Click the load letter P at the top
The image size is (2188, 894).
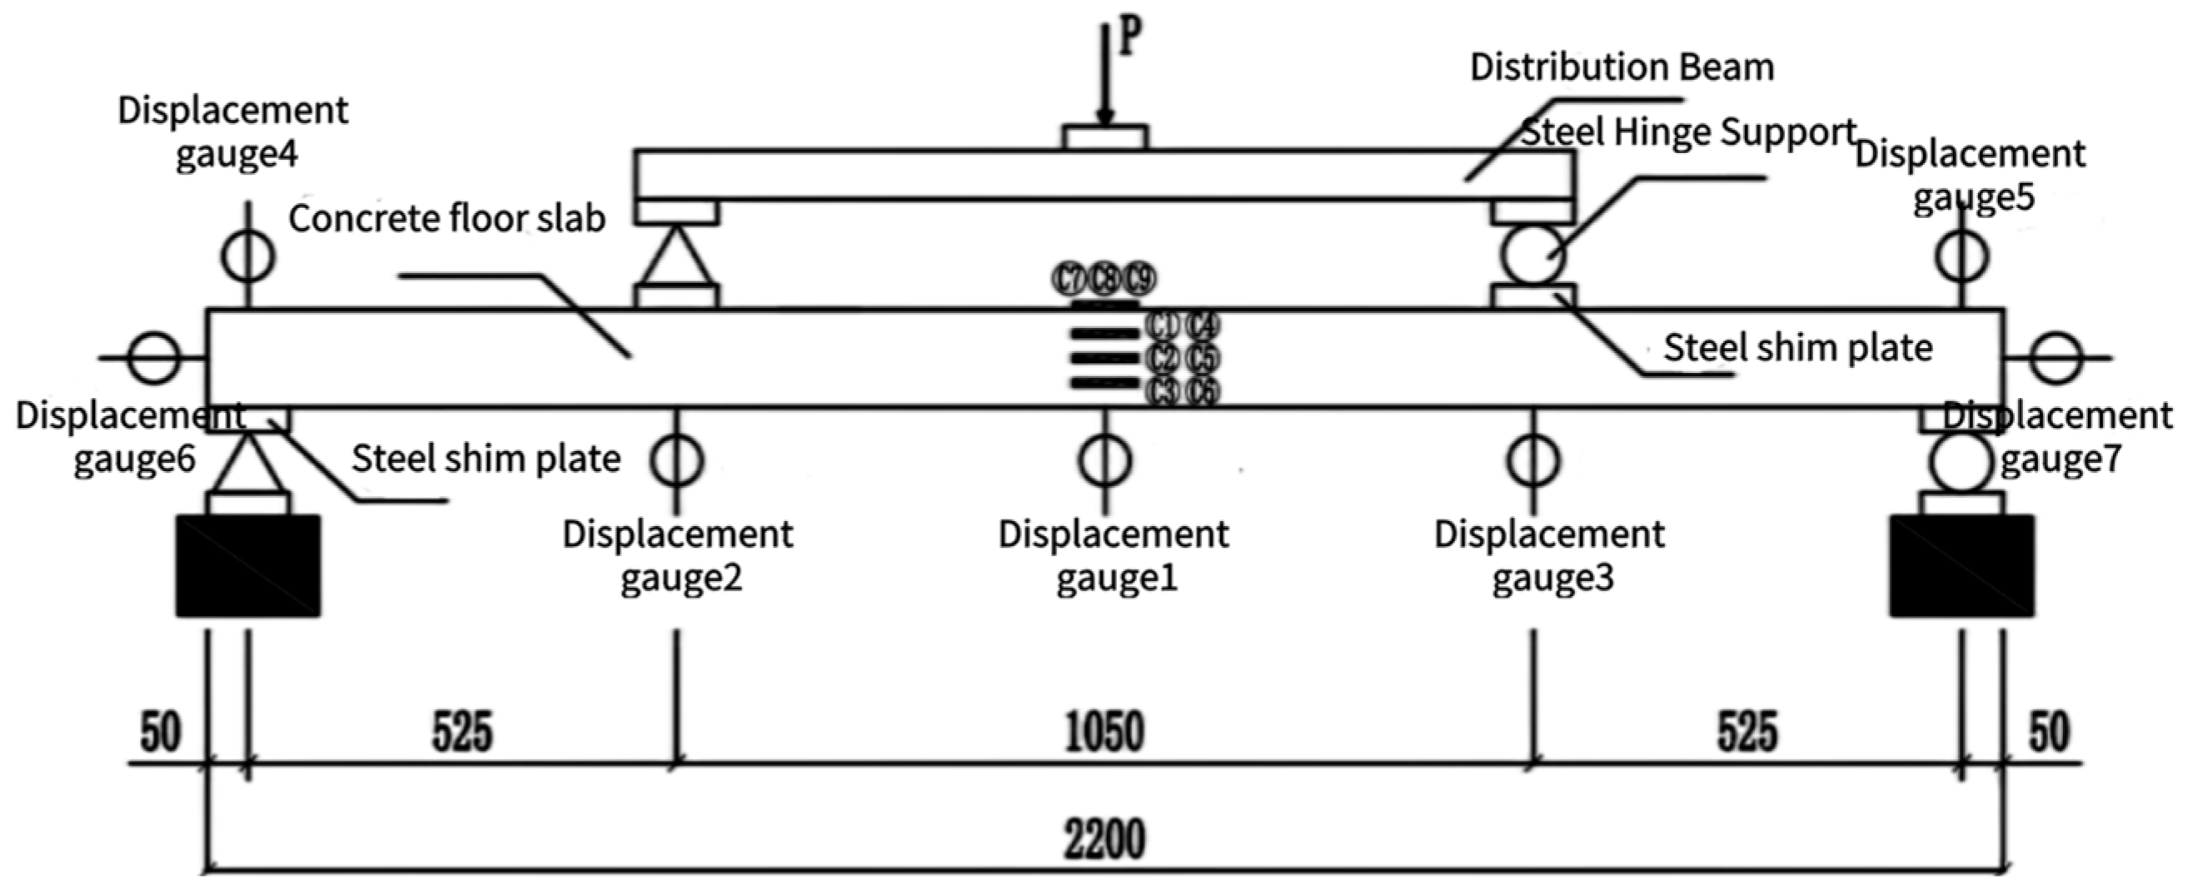coord(1129,37)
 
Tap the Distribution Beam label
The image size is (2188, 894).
coord(1622,68)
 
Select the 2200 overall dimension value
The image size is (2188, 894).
coord(1104,840)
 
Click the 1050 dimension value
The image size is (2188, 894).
coord(1104,732)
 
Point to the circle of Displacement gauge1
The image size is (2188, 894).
coord(1105,459)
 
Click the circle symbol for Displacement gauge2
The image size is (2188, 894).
coord(677,459)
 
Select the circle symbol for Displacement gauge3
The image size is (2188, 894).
coord(1533,459)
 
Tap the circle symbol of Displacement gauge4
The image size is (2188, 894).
coord(248,255)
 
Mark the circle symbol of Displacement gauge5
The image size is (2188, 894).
coord(1962,255)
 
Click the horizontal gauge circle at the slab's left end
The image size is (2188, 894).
coord(154,358)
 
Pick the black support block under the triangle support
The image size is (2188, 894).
coord(248,565)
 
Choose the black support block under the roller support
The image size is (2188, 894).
coord(1962,565)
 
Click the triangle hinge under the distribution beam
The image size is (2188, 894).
coord(677,257)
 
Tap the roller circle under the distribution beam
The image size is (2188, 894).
coord(1533,255)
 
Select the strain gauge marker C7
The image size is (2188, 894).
coord(1069,279)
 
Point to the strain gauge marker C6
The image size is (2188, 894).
coord(1203,392)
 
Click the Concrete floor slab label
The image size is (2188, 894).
coord(446,219)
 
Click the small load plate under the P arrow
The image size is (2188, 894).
coord(1105,137)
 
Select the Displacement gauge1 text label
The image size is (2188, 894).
coord(1114,556)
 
